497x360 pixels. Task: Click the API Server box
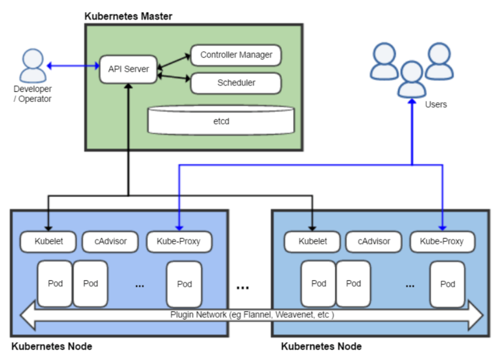128,69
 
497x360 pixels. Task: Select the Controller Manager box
236,55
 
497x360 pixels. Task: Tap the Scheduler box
236,83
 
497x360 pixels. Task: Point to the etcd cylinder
221,121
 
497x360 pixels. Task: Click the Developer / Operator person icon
32,66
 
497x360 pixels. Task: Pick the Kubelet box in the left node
48,242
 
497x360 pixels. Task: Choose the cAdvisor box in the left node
110,242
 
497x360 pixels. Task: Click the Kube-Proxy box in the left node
177,242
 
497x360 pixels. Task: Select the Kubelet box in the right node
312,242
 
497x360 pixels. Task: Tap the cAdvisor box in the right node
374,242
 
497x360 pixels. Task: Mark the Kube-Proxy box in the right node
442,242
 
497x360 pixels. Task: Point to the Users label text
436,104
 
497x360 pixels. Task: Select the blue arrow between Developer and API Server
73,65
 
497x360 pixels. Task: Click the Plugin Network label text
252,314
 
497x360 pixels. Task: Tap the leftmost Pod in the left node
55,283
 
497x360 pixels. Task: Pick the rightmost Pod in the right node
448,284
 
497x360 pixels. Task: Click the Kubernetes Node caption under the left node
52,347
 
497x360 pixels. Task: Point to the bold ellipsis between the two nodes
243,287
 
